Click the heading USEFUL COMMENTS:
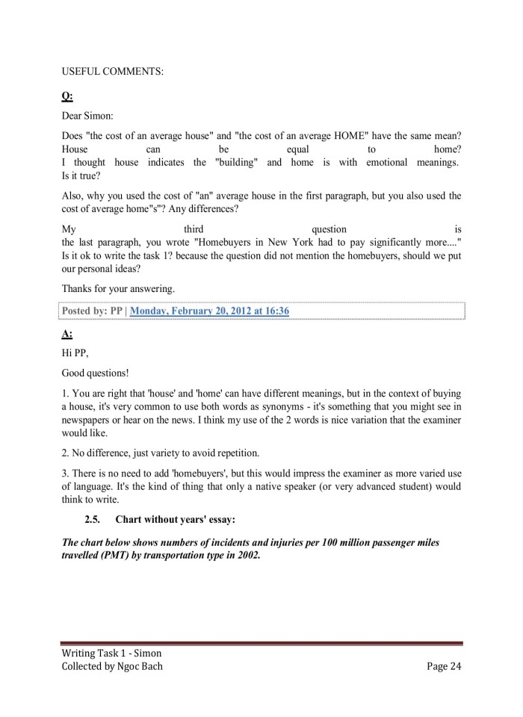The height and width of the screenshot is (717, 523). click(x=113, y=72)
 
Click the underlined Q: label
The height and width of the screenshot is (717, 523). click(x=67, y=96)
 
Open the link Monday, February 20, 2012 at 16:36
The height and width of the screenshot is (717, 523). click(x=209, y=310)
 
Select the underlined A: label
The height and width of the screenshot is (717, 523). click(x=67, y=334)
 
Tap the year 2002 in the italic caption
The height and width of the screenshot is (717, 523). click(x=247, y=556)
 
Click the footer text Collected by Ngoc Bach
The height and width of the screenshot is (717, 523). click(x=112, y=666)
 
